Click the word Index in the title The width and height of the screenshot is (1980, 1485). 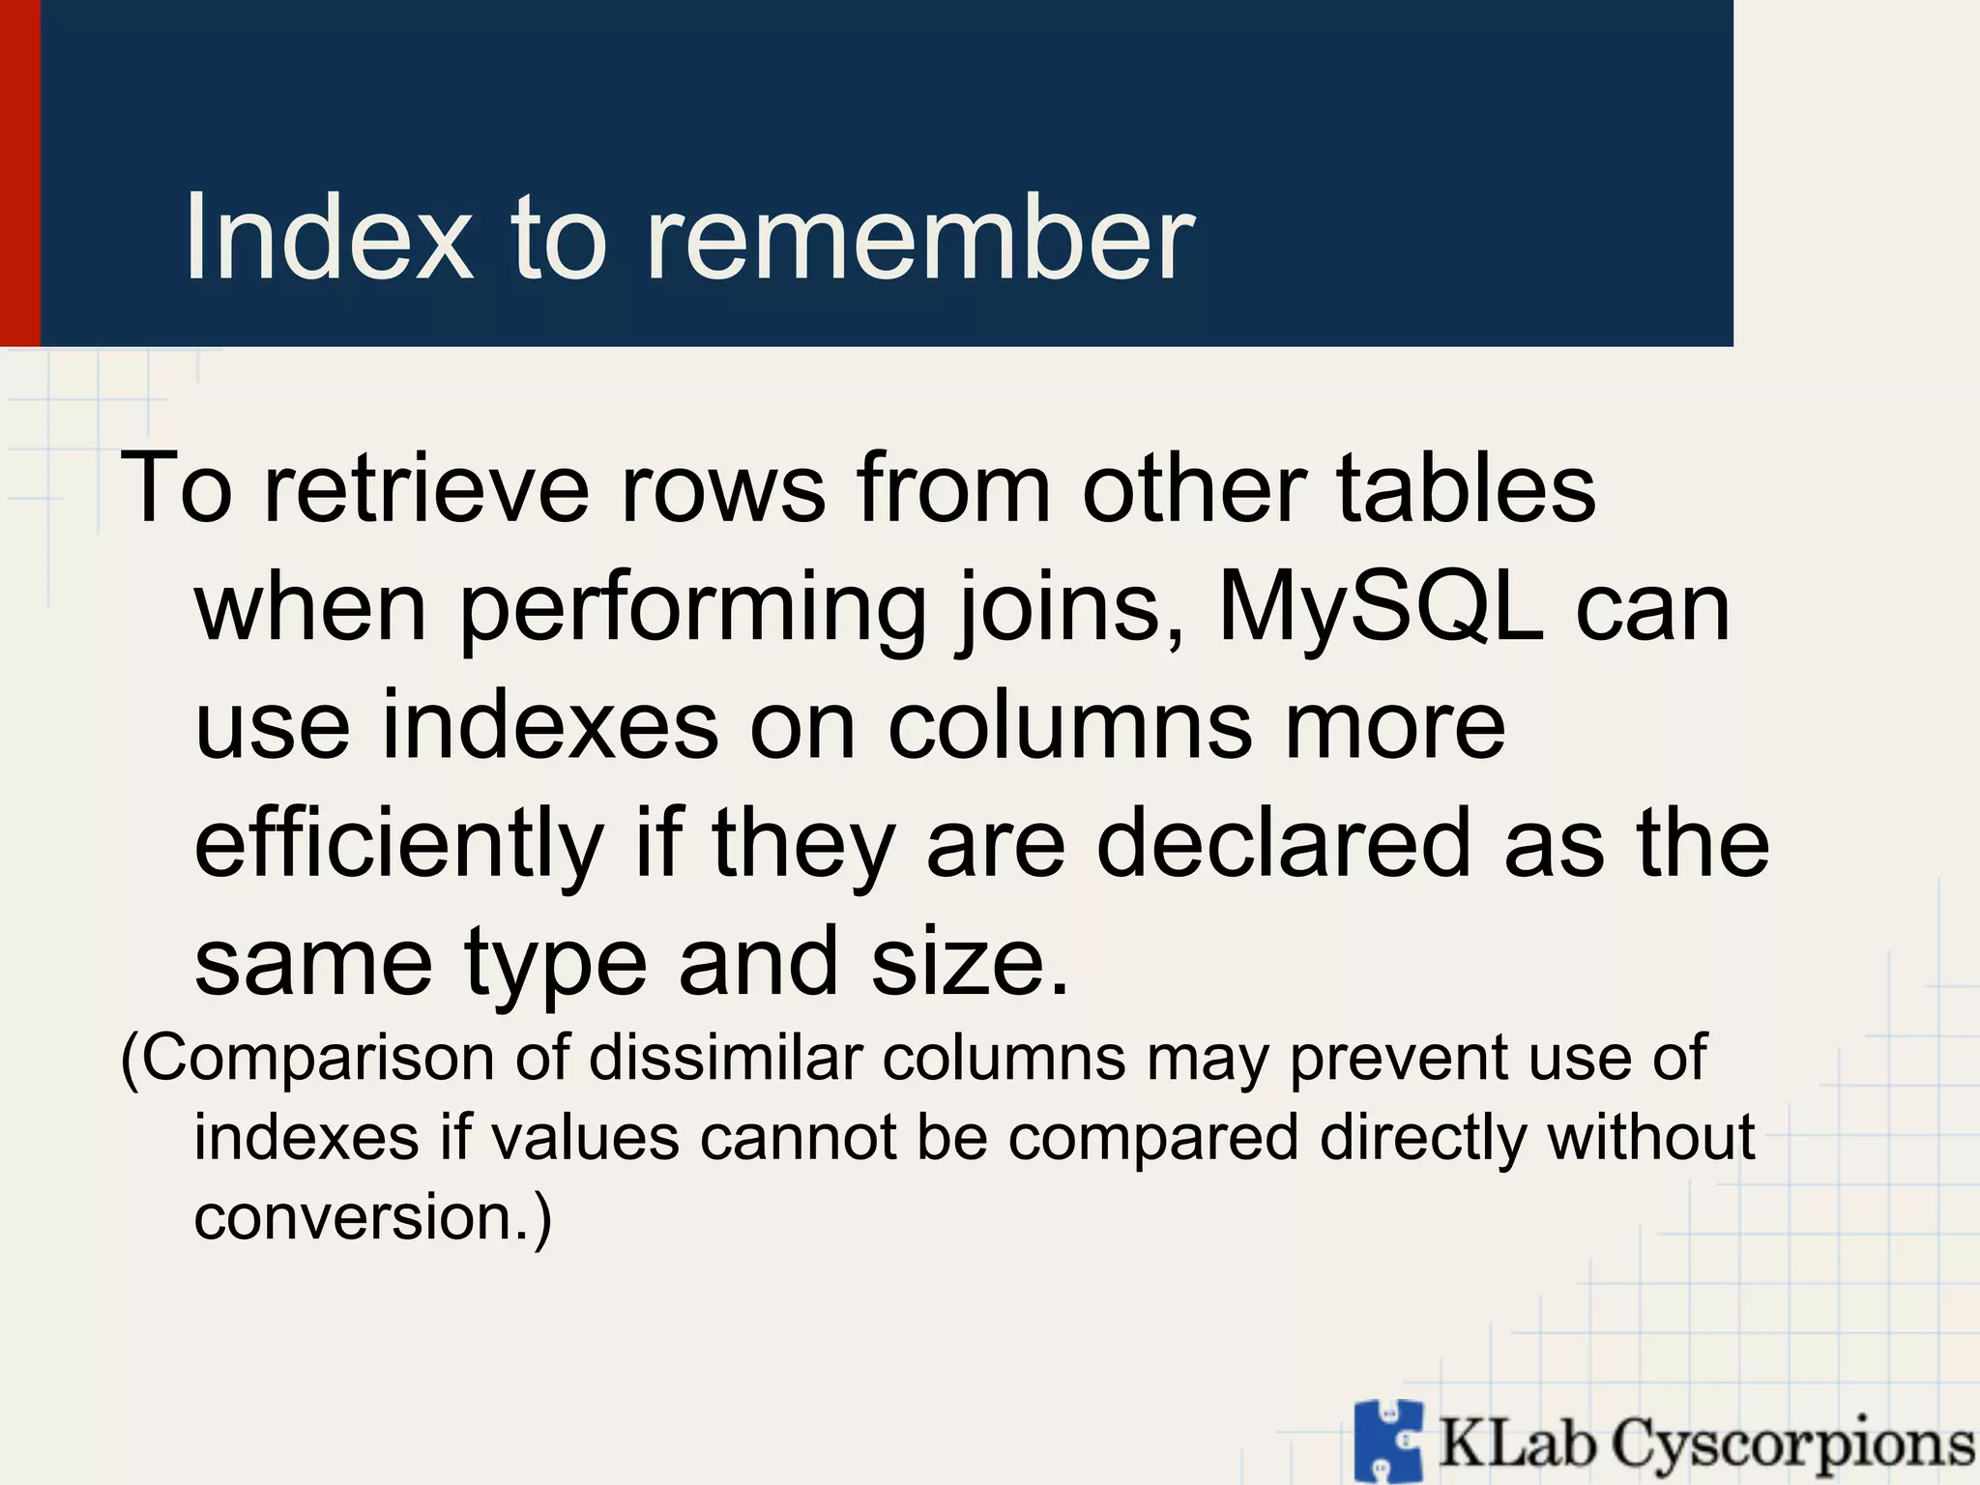329,237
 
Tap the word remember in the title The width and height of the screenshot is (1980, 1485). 919,237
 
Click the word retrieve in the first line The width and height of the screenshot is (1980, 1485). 426,489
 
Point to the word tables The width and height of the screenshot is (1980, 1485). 1466,489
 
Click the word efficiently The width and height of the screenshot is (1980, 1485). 399,843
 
